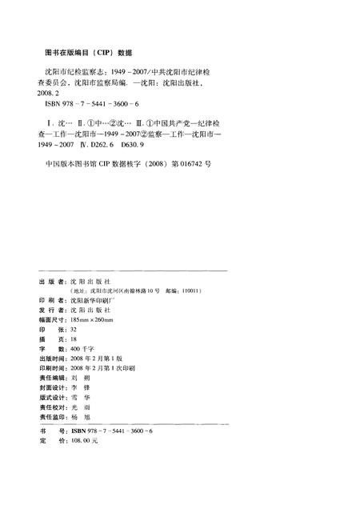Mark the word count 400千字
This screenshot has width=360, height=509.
tap(83, 349)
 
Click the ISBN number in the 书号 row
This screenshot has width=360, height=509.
tap(112, 431)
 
